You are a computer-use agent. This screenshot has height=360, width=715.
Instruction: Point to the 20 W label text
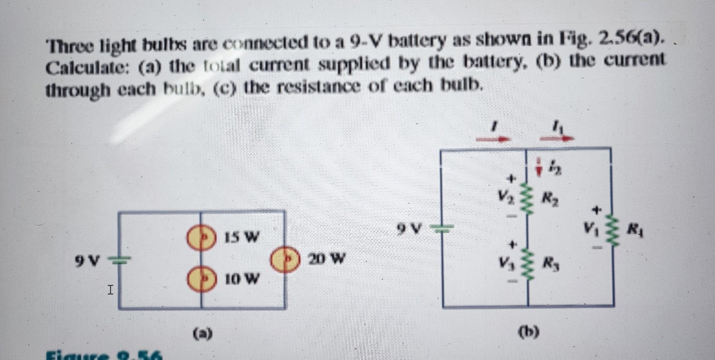[327, 258]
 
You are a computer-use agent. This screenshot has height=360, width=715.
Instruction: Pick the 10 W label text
[242, 278]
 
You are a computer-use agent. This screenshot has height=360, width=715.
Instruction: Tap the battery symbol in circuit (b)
[442, 228]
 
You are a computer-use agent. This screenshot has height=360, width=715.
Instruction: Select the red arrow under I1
[557, 138]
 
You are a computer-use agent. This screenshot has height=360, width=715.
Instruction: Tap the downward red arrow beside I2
[538, 169]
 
